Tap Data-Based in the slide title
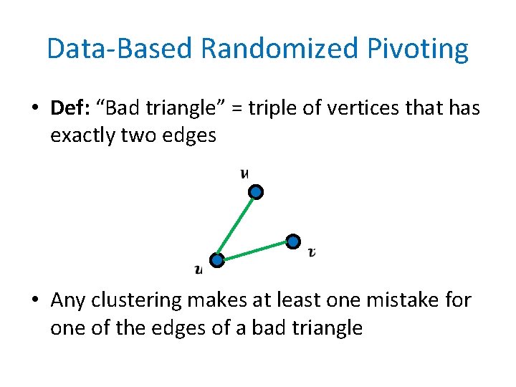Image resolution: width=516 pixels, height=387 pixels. [120, 49]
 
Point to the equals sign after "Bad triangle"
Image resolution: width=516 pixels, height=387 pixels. [231, 108]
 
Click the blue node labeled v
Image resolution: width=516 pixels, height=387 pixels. [292, 242]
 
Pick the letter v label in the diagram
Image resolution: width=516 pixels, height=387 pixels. [312, 252]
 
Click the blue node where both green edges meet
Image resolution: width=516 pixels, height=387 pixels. [217, 260]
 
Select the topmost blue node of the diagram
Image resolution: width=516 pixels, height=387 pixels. [257, 192]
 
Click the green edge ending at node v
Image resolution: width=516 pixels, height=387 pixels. [254, 251]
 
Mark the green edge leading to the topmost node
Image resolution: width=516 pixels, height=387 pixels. [237, 226]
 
